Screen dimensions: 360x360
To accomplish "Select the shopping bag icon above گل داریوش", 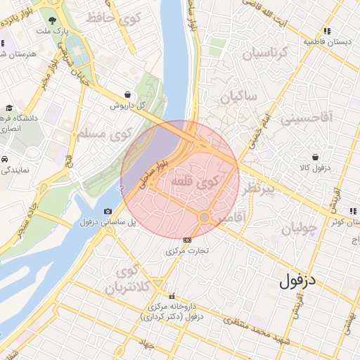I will pyautogui.click(x=127, y=94).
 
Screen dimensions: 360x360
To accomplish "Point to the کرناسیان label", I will pyautogui.click(x=265, y=51).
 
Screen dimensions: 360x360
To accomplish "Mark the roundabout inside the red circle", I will pyautogui.click(x=204, y=218).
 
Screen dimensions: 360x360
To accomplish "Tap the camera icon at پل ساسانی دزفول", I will pyautogui.click(x=108, y=212).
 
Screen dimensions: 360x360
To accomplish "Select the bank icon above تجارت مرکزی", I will pyautogui.click(x=187, y=240).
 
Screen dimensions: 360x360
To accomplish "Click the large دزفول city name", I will pyautogui.click(x=299, y=281).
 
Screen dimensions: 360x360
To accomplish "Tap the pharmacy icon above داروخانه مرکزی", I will pyautogui.click(x=169, y=295).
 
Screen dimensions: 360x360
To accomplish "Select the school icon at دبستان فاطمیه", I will pyautogui.click(x=327, y=31).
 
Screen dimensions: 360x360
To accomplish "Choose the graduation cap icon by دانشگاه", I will pyautogui.click(x=8, y=108).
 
